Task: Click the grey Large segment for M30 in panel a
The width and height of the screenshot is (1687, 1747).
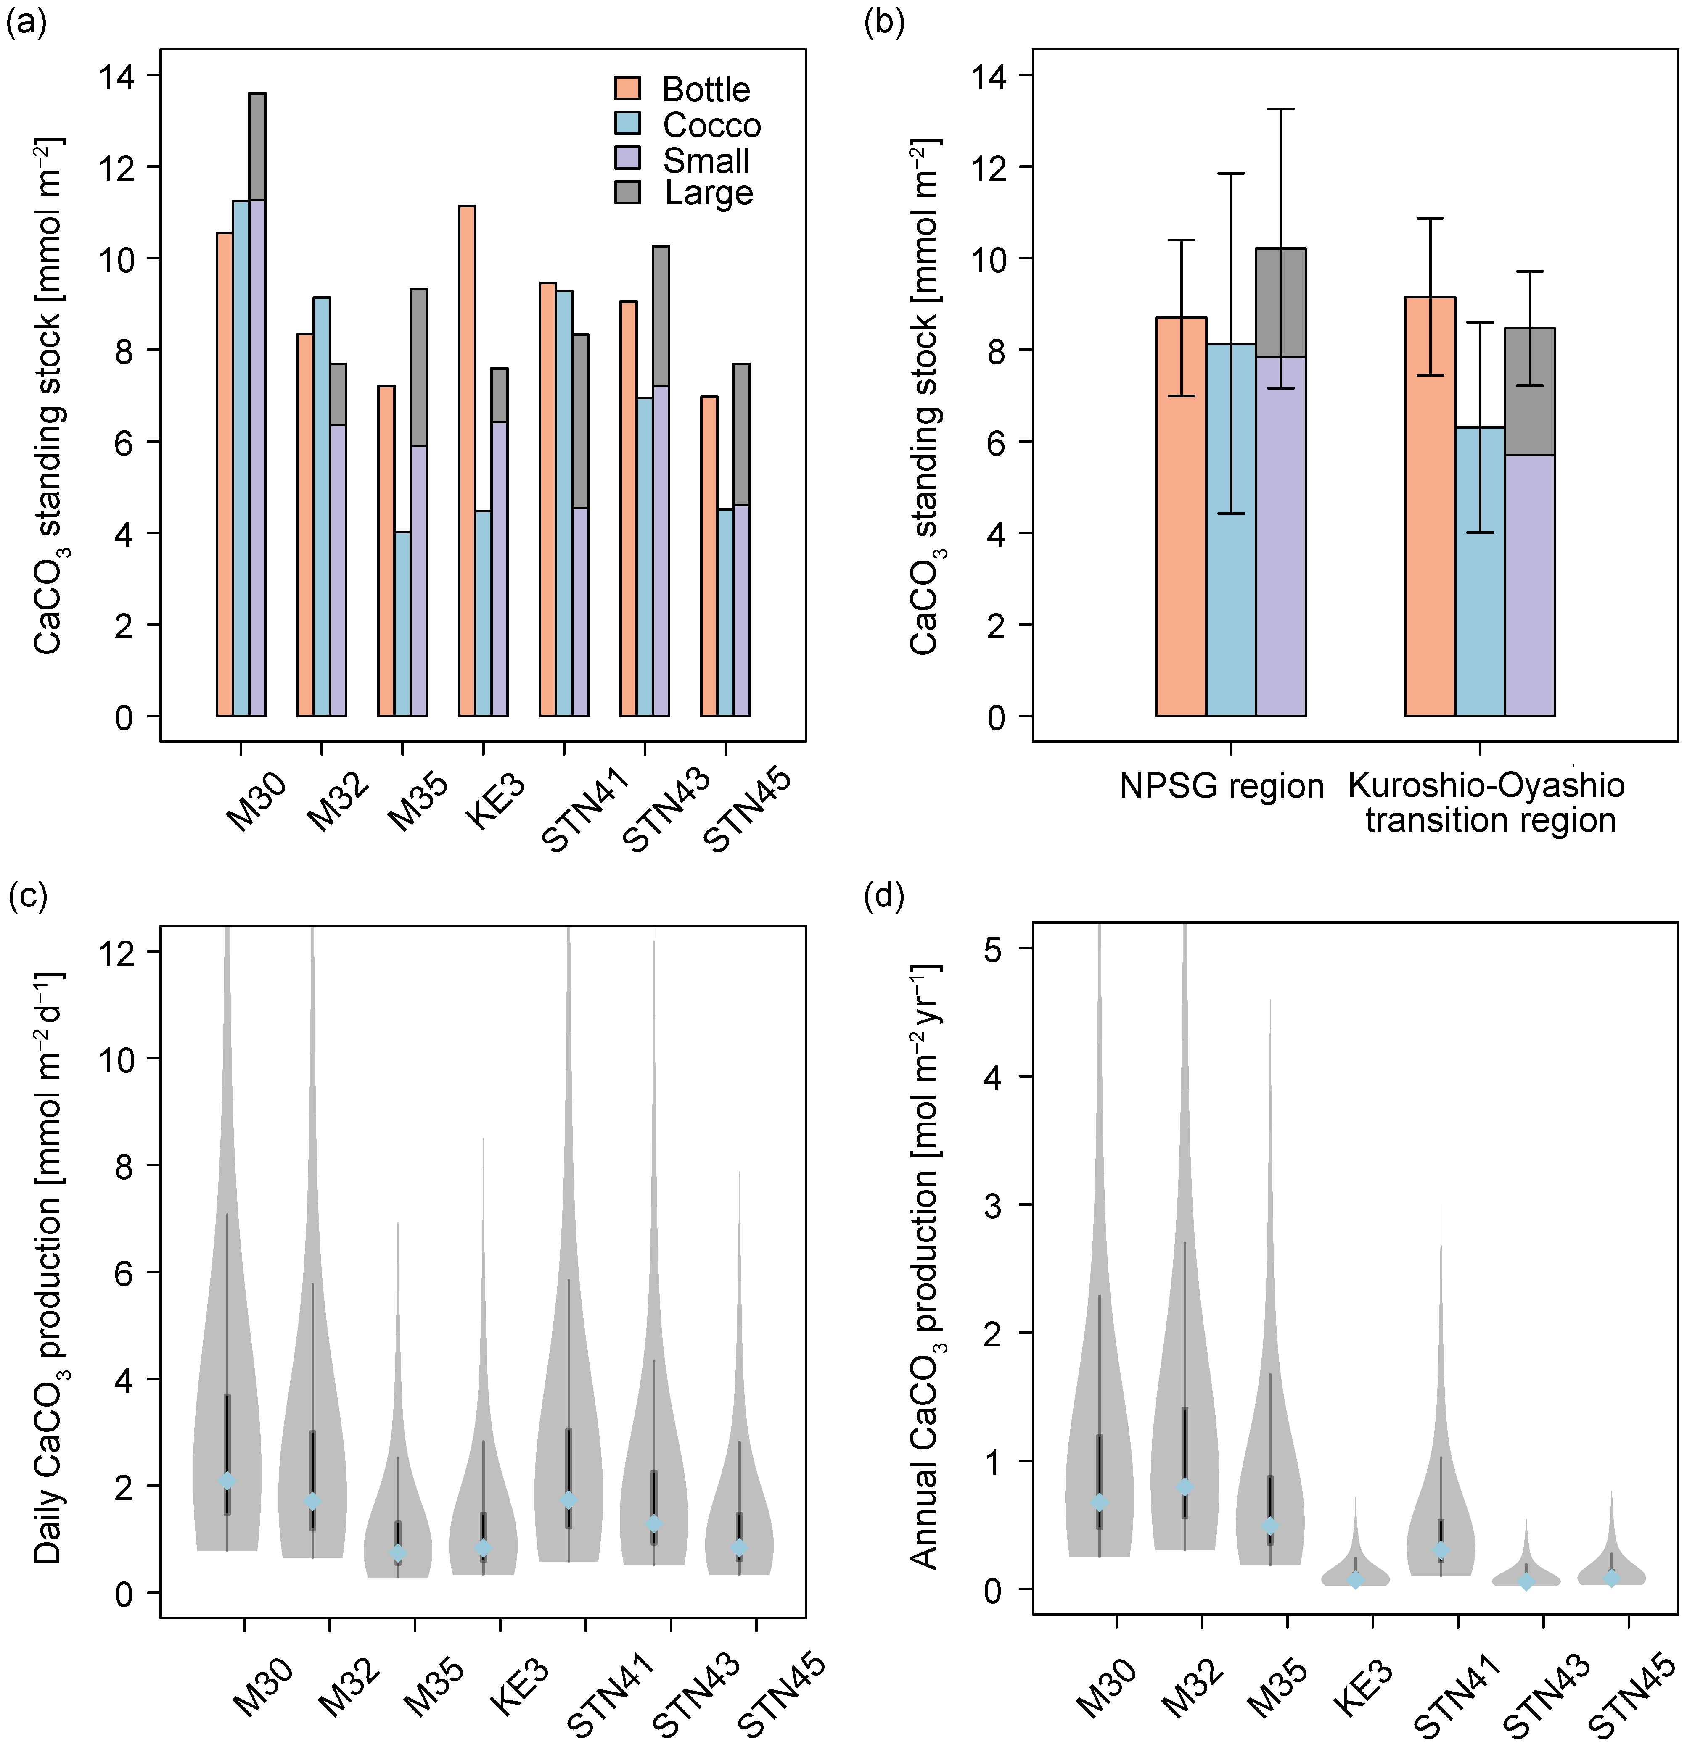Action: point(257,146)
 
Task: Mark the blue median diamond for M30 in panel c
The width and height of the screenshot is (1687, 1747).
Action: point(227,1481)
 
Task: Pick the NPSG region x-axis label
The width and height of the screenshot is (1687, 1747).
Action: point(1222,786)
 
